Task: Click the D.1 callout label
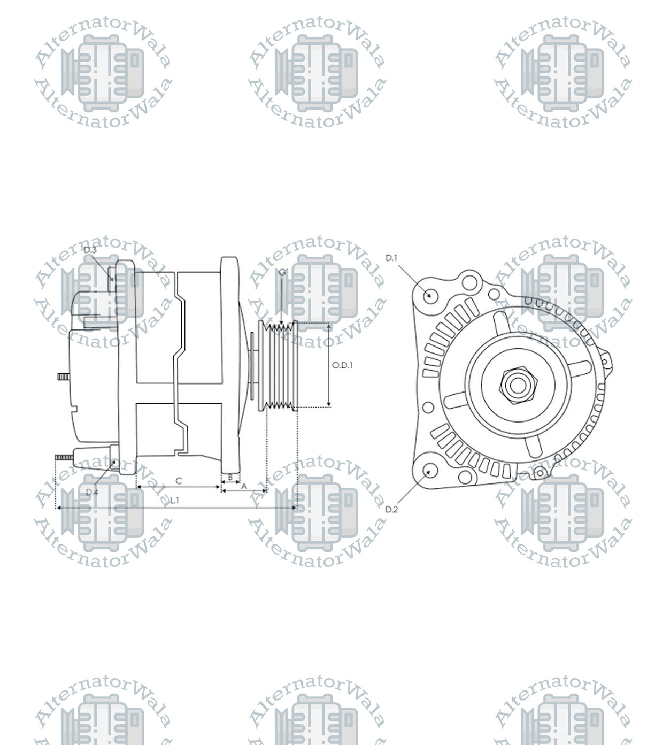(x=391, y=258)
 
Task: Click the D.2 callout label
(x=391, y=509)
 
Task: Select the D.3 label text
(x=90, y=250)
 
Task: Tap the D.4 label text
(x=92, y=492)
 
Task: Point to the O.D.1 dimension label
(x=342, y=365)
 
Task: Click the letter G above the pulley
(x=282, y=272)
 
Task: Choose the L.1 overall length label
(x=174, y=500)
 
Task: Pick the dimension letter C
(x=179, y=481)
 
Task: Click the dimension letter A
(x=244, y=486)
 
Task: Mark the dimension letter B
(x=230, y=477)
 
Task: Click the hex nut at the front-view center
(x=518, y=384)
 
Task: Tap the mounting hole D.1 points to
(x=430, y=295)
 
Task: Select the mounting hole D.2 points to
(x=430, y=471)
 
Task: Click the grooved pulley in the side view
(x=278, y=366)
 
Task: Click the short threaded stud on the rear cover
(x=64, y=377)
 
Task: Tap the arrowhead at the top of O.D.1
(x=329, y=326)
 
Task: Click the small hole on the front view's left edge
(x=428, y=408)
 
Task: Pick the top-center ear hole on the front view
(x=470, y=281)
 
